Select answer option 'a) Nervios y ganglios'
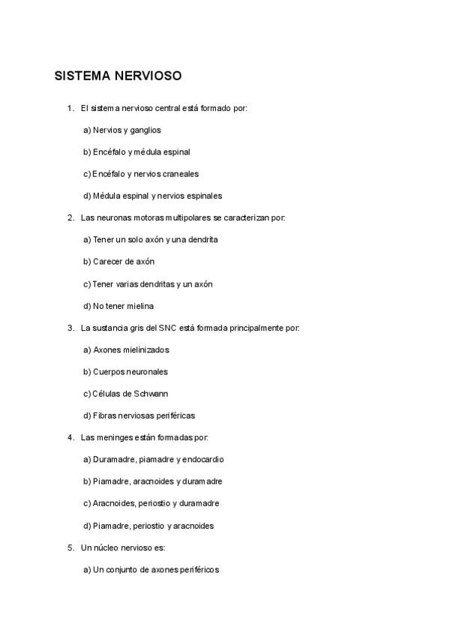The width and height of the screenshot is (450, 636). click(121, 130)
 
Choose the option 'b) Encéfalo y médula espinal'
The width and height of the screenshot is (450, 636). click(136, 151)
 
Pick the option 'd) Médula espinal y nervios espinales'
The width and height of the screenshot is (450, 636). click(152, 196)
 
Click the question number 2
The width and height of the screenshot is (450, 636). click(70, 217)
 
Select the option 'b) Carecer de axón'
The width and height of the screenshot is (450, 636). click(118, 262)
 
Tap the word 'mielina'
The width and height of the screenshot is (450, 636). click(141, 306)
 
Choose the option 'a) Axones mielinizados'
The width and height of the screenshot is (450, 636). click(126, 349)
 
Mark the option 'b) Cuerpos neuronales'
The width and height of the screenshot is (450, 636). click(125, 371)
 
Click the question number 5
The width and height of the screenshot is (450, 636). click(70, 547)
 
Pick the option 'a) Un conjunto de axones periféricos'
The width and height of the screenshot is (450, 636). click(151, 570)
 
